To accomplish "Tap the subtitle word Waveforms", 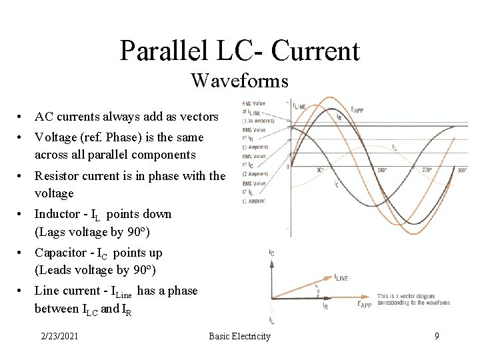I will [239, 81].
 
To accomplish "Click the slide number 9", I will [437, 336].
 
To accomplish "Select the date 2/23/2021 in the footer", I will [59, 336].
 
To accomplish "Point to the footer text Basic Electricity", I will [239, 336].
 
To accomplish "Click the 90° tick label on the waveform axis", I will [321, 170].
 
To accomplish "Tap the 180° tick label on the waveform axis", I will [382, 170].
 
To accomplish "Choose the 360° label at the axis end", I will [462, 170].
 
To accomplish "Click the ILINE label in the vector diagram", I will [340, 278].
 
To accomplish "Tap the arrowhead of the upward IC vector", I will [271, 262].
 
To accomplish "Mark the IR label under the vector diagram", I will [325, 307].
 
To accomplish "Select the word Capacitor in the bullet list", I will [59, 253].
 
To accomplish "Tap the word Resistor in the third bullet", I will [57, 176].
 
